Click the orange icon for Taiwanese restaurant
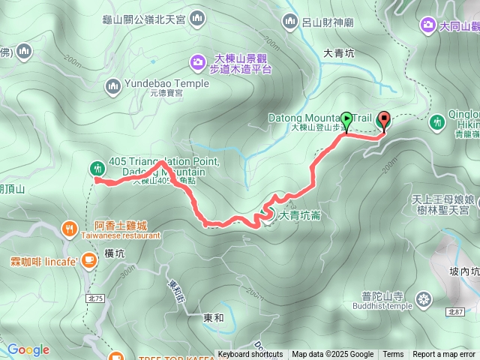click(69, 227)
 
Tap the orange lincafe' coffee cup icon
click(89, 260)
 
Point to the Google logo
click(28, 350)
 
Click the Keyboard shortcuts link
click(250, 355)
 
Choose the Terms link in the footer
click(393, 355)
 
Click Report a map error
click(444, 355)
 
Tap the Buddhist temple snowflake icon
click(424, 300)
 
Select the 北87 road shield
click(455, 310)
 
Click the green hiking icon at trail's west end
click(97, 168)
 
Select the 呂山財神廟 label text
click(327, 23)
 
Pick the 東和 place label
click(214, 318)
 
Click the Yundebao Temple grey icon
click(113, 85)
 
